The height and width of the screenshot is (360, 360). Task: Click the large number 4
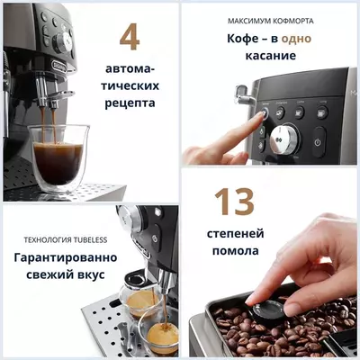[x=130, y=37]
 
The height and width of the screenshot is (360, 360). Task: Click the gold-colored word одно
[x=296, y=39]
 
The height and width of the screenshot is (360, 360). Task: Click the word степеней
[x=235, y=234]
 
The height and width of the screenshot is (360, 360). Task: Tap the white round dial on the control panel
[x=286, y=138]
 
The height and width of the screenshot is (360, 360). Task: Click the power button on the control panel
[x=319, y=142]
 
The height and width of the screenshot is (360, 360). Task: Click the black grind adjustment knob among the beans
[x=267, y=308]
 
